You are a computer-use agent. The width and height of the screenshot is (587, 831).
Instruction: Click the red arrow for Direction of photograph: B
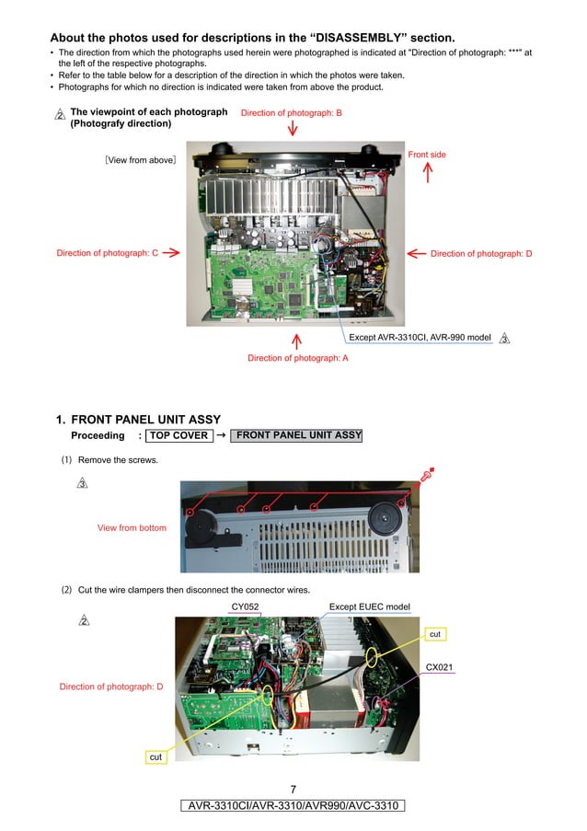point(293,128)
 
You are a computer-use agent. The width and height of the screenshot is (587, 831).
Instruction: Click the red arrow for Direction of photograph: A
point(296,341)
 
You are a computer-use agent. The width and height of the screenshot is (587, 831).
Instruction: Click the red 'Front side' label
point(427,155)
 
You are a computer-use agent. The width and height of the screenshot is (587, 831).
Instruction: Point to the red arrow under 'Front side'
point(427,173)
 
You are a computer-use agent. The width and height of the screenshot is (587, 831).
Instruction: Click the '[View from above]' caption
point(140,160)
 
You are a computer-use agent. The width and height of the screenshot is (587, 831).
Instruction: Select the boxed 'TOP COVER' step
point(179,436)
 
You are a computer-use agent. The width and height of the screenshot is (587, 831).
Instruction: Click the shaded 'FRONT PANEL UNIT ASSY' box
point(295,436)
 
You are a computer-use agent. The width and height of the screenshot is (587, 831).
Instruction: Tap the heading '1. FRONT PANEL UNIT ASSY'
point(138,420)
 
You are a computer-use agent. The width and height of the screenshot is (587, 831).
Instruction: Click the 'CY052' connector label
point(245,606)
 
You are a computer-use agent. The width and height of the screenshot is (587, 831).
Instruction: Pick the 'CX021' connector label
point(439,666)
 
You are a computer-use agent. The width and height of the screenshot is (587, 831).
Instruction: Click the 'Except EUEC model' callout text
point(369,606)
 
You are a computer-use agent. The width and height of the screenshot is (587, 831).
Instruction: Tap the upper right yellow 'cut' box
point(435,634)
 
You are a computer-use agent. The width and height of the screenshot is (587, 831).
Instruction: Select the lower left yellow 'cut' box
point(155,756)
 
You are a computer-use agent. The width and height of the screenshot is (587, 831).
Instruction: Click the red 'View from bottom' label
point(132,527)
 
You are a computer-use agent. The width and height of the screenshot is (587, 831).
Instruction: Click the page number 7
point(293,790)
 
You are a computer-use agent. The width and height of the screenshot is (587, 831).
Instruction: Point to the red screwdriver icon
point(426,476)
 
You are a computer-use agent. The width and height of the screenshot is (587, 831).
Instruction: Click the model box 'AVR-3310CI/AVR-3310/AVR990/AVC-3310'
point(293,806)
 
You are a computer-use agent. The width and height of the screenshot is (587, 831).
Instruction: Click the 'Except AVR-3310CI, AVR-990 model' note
point(420,338)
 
